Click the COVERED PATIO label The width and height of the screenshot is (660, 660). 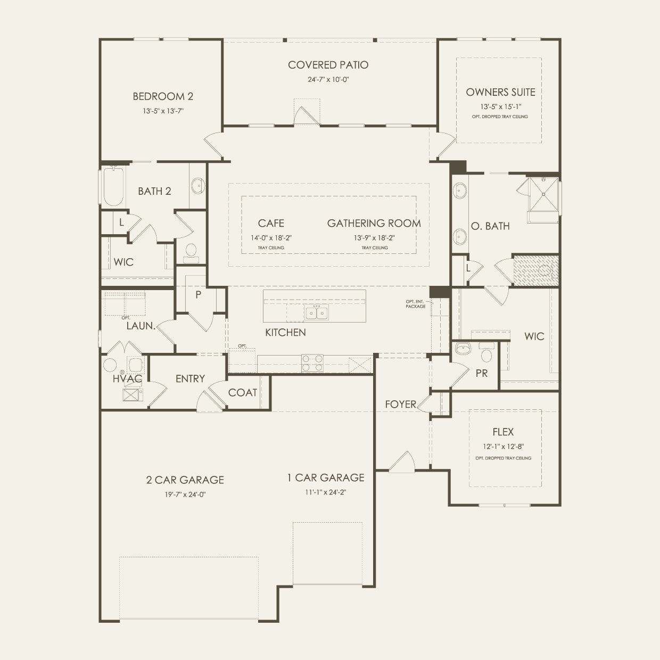point(328,65)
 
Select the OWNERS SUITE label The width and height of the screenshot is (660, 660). point(500,92)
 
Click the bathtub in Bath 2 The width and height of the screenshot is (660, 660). point(113,187)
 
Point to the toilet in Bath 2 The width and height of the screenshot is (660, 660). point(190,252)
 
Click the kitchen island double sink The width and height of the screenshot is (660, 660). point(317,312)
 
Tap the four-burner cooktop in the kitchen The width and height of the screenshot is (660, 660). point(312,363)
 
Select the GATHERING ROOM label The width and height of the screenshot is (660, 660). point(374,224)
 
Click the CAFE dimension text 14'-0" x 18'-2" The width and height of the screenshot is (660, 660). point(271,238)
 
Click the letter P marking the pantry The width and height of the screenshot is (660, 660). point(198,294)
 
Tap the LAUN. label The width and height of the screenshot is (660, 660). point(141,326)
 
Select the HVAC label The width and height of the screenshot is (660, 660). point(127,379)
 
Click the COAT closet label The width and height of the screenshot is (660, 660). point(242,393)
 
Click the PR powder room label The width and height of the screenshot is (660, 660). point(481,374)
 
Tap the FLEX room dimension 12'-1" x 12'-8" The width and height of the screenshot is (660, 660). point(503,447)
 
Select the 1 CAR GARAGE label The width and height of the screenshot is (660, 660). point(326,478)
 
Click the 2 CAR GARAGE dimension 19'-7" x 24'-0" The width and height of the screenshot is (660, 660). point(185,494)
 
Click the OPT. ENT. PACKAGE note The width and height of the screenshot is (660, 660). point(415,304)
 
